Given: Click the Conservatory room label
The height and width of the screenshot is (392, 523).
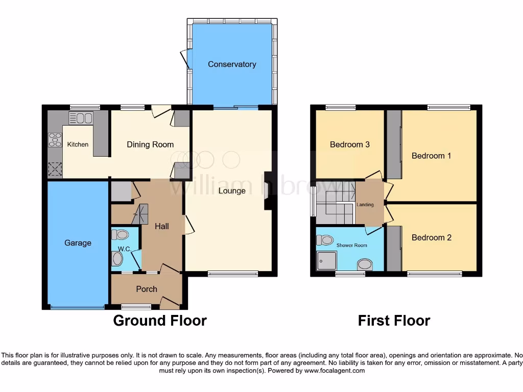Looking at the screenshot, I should pyautogui.click(x=232, y=64).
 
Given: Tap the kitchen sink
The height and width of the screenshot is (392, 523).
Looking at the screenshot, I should pyautogui.click(x=81, y=118).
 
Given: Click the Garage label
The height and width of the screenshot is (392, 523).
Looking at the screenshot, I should pyautogui.click(x=78, y=243).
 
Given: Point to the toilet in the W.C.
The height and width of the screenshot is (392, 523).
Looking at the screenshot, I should pyautogui.click(x=120, y=235).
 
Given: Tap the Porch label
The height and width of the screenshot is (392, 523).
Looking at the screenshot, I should pyautogui.click(x=146, y=289).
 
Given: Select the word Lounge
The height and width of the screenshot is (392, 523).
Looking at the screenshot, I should pyautogui.click(x=232, y=191).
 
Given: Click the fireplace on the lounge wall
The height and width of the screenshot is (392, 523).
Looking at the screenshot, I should pyautogui.click(x=268, y=191).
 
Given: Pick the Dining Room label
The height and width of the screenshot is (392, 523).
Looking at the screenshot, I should pyautogui.click(x=150, y=144).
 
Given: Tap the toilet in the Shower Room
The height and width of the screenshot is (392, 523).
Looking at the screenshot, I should pyautogui.click(x=325, y=240).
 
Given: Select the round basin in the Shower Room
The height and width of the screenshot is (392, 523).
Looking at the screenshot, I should pyautogui.click(x=365, y=264).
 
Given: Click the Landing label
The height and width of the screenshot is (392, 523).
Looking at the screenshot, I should pyautogui.click(x=365, y=205).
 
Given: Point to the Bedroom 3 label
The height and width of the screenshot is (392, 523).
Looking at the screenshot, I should pyautogui.click(x=349, y=144).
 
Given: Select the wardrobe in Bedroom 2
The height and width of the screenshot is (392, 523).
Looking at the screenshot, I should pyautogui.click(x=394, y=249).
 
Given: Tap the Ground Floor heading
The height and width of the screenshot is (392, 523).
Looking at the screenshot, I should pyautogui.click(x=159, y=321).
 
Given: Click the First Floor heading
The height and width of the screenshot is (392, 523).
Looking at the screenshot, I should pyautogui.click(x=394, y=321).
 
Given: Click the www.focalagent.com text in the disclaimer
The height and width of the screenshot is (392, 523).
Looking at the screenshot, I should pyautogui.click(x=335, y=371).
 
